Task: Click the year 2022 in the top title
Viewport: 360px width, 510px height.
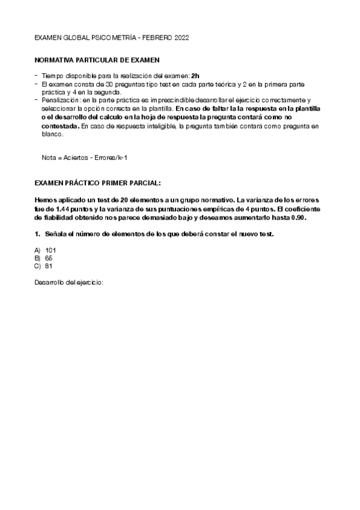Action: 182,37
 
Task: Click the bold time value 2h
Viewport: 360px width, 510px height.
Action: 195,76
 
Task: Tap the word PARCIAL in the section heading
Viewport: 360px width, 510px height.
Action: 144,181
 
